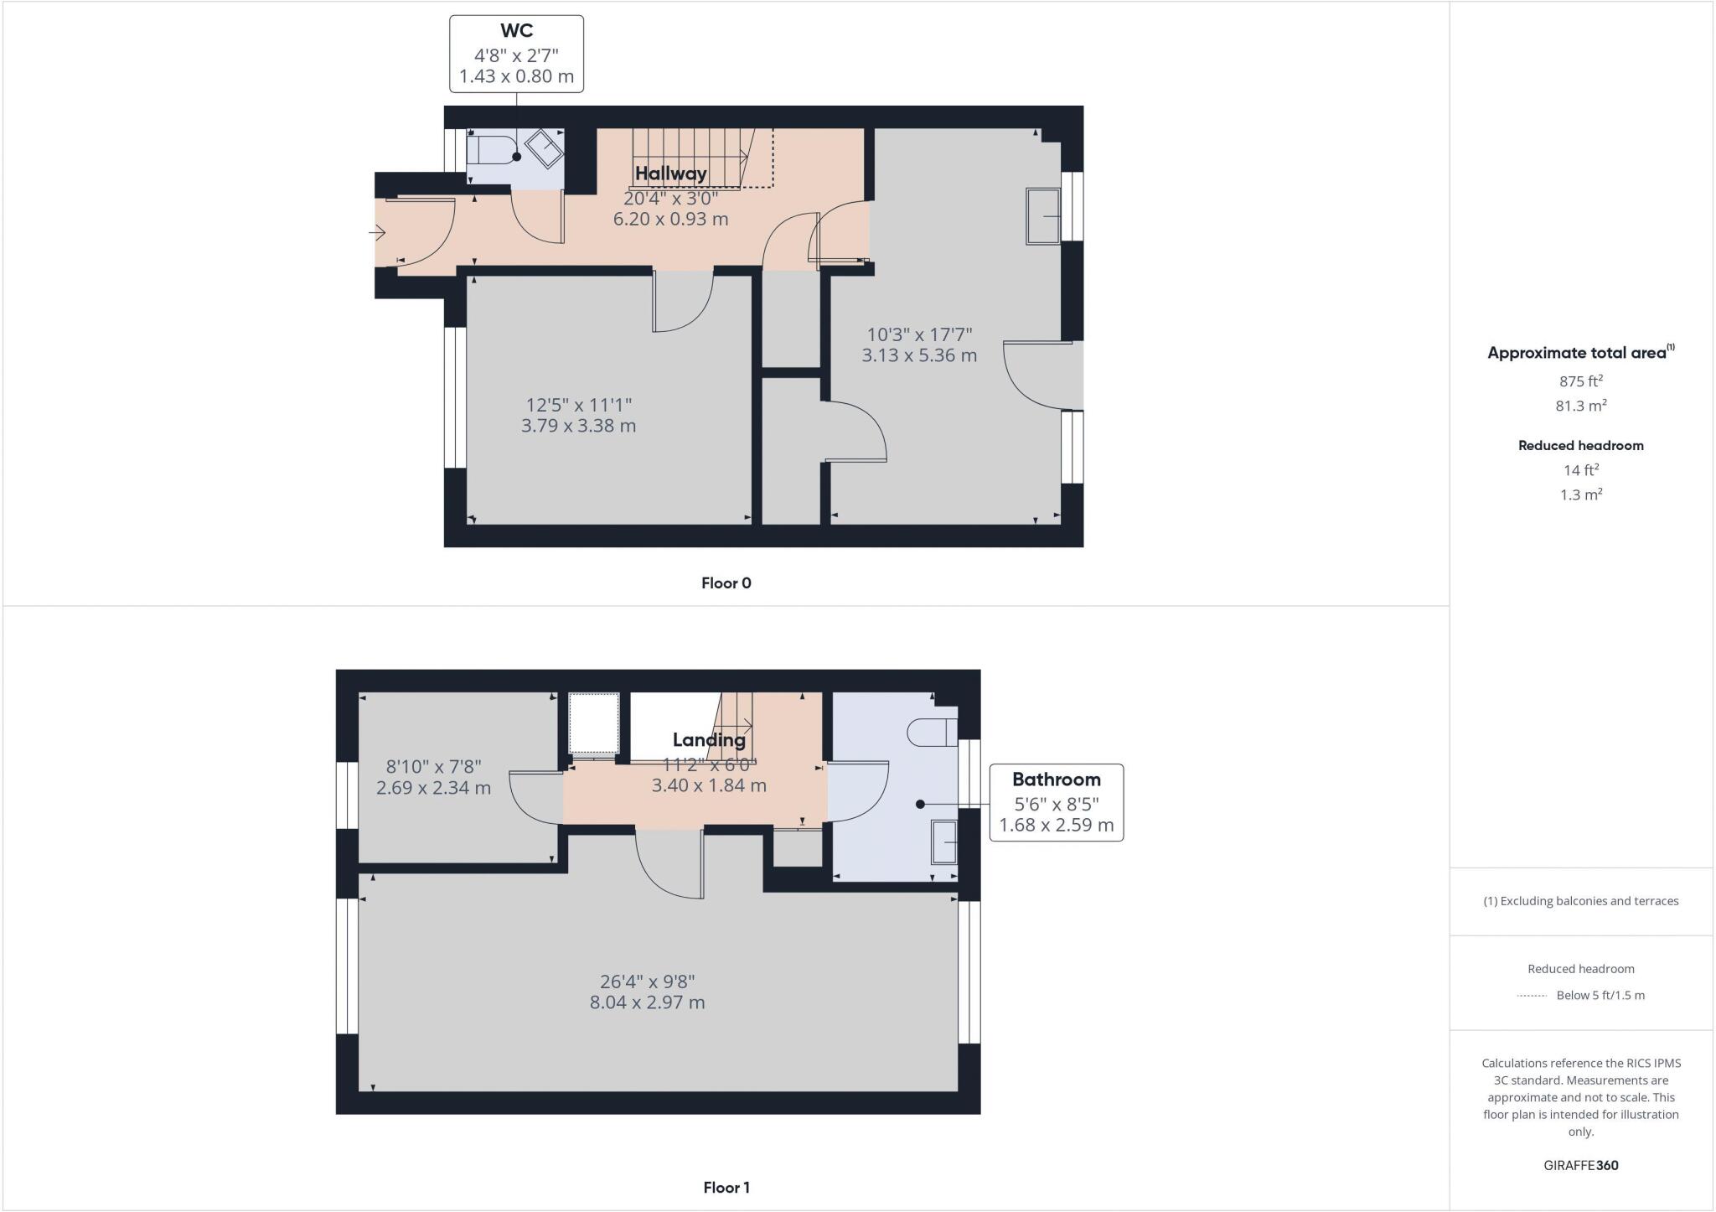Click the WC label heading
pos(516,31)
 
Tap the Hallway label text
pos(670,174)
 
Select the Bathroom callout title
pos(1056,780)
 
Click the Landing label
pos(709,740)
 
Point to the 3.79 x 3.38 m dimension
pos(578,426)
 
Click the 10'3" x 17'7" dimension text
pos(919,334)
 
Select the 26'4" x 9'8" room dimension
pos(647,981)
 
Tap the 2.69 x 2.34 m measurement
pos(433,788)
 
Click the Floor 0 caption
pos(726,583)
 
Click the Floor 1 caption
pos(726,1188)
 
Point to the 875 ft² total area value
pos(1580,381)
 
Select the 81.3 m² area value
pos(1580,406)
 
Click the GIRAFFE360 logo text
pos(1580,1165)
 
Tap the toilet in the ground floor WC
pos(485,151)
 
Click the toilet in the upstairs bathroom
pos(931,732)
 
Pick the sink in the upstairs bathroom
pos(944,842)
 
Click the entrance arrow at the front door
pos(377,232)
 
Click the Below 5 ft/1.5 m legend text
pos(1600,996)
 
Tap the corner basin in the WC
pos(544,149)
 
